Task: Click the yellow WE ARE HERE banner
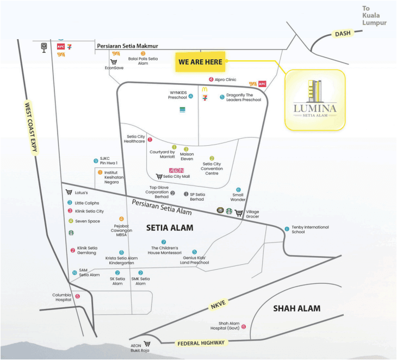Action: pyautogui.click(x=200, y=62)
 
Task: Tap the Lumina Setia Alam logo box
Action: pyautogui.click(x=315, y=100)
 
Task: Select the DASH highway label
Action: pyautogui.click(x=343, y=33)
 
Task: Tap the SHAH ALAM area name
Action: pyautogui.click(x=296, y=308)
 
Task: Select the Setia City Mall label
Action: pyautogui.click(x=176, y=176)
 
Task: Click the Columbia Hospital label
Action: pyautogui.click(x=62, y=297)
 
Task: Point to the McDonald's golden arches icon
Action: pyautogui.click(x=205, y=89)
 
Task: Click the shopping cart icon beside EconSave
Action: pyautogui.click(x=114, y=62)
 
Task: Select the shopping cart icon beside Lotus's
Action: pyautogui.click(x=69, y=192)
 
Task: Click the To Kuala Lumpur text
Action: pyautogui.click(x=375, y=16)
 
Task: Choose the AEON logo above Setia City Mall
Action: pyautogui.click(x=176, y=170)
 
